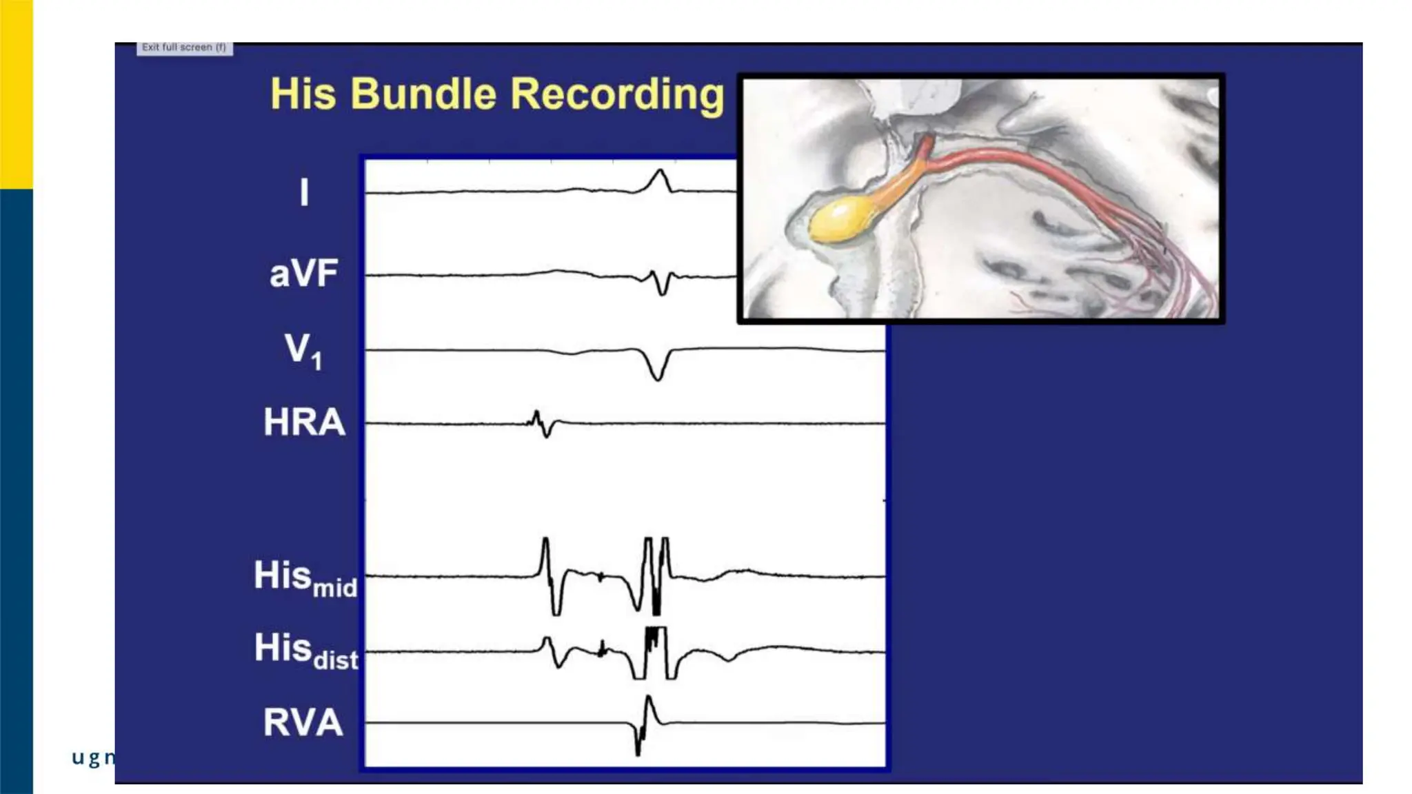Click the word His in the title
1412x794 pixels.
click(303, 94)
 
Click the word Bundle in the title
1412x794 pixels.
click(423, 94)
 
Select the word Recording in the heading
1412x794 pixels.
click(618, 95)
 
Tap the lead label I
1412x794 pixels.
click(304, 192)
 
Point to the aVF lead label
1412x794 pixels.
click(304, 274)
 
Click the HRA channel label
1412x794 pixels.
click(304, 422)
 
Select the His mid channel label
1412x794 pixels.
click(305, 578)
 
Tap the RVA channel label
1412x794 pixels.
click(303, 722)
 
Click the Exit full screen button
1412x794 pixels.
click(184, 48)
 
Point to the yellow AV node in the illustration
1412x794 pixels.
click(839, 221)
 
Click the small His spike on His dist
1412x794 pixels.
click(602, 648)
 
